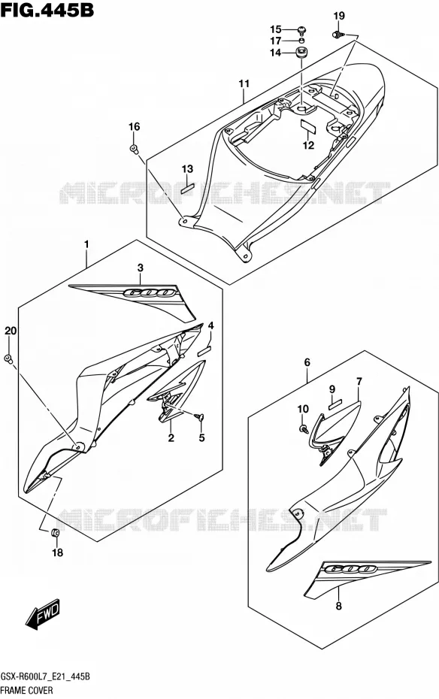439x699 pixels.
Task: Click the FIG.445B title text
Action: pos(47,9)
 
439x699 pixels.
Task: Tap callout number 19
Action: pos(339,16)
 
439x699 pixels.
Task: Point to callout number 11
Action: pos(244,83)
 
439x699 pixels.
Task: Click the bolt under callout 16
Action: pos(134,149)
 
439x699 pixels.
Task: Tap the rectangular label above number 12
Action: pos(307,125)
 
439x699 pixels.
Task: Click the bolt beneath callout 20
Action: pos(8,359)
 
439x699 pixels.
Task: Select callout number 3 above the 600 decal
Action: pos(141,268)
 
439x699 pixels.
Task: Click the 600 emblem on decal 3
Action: pos(148,293)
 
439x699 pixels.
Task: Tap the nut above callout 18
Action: pos(56,532)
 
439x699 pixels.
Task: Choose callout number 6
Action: pos(307,363)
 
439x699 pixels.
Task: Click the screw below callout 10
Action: pos(304,429)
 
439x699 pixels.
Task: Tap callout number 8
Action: pos(339,607)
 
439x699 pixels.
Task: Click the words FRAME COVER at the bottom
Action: pos(27,691)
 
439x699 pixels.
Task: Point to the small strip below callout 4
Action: pos(204,350)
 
